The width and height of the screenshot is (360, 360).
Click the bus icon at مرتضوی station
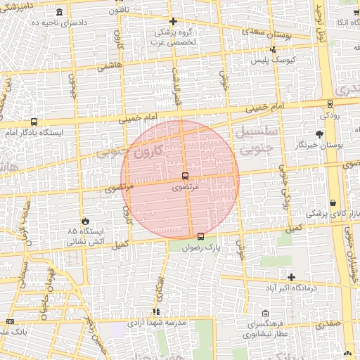(185, 176)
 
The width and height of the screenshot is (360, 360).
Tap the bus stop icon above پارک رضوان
(202, 236)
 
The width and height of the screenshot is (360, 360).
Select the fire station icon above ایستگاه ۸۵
(85, 221)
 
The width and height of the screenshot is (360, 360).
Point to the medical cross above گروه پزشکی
(173, 21)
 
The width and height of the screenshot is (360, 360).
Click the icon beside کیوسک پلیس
(273, 50)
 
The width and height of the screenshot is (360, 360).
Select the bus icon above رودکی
(328, 103)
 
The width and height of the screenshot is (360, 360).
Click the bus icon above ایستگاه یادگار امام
(34, 122)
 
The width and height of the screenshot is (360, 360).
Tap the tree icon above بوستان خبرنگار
(320, 134)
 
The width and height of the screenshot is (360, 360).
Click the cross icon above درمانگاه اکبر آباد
(291, 277)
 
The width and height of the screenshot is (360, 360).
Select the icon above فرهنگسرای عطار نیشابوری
(264, 313)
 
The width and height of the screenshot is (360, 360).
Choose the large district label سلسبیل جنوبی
(259, 140)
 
